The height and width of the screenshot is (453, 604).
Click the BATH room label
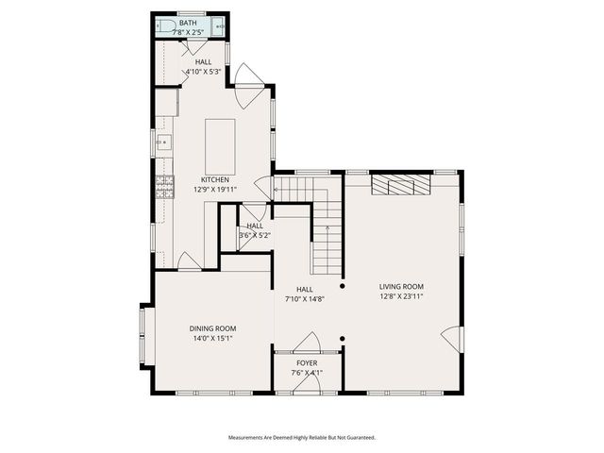pos(189,22)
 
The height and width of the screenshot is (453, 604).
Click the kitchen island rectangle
pos(221,138)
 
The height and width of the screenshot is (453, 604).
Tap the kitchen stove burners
pos(166,186)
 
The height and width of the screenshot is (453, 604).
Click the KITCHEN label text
pos(214,179)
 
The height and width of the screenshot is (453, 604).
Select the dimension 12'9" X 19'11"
pos(214,189)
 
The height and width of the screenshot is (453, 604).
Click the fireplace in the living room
pos(401,183)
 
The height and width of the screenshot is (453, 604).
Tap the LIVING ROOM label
pos(401,286)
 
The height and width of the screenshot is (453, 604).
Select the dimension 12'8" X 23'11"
pos(401,296)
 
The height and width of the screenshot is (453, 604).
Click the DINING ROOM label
pos(212,328)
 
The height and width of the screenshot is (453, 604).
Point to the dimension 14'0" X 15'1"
pos(212,338)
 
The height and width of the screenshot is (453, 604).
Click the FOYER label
pos(307,362)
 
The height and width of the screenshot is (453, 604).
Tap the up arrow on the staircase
pos(327,228)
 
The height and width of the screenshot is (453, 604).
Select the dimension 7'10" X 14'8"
pos(305,299)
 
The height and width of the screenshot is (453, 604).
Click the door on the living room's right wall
pos(453,336)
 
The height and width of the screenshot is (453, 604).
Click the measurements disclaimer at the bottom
pos(301,437)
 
